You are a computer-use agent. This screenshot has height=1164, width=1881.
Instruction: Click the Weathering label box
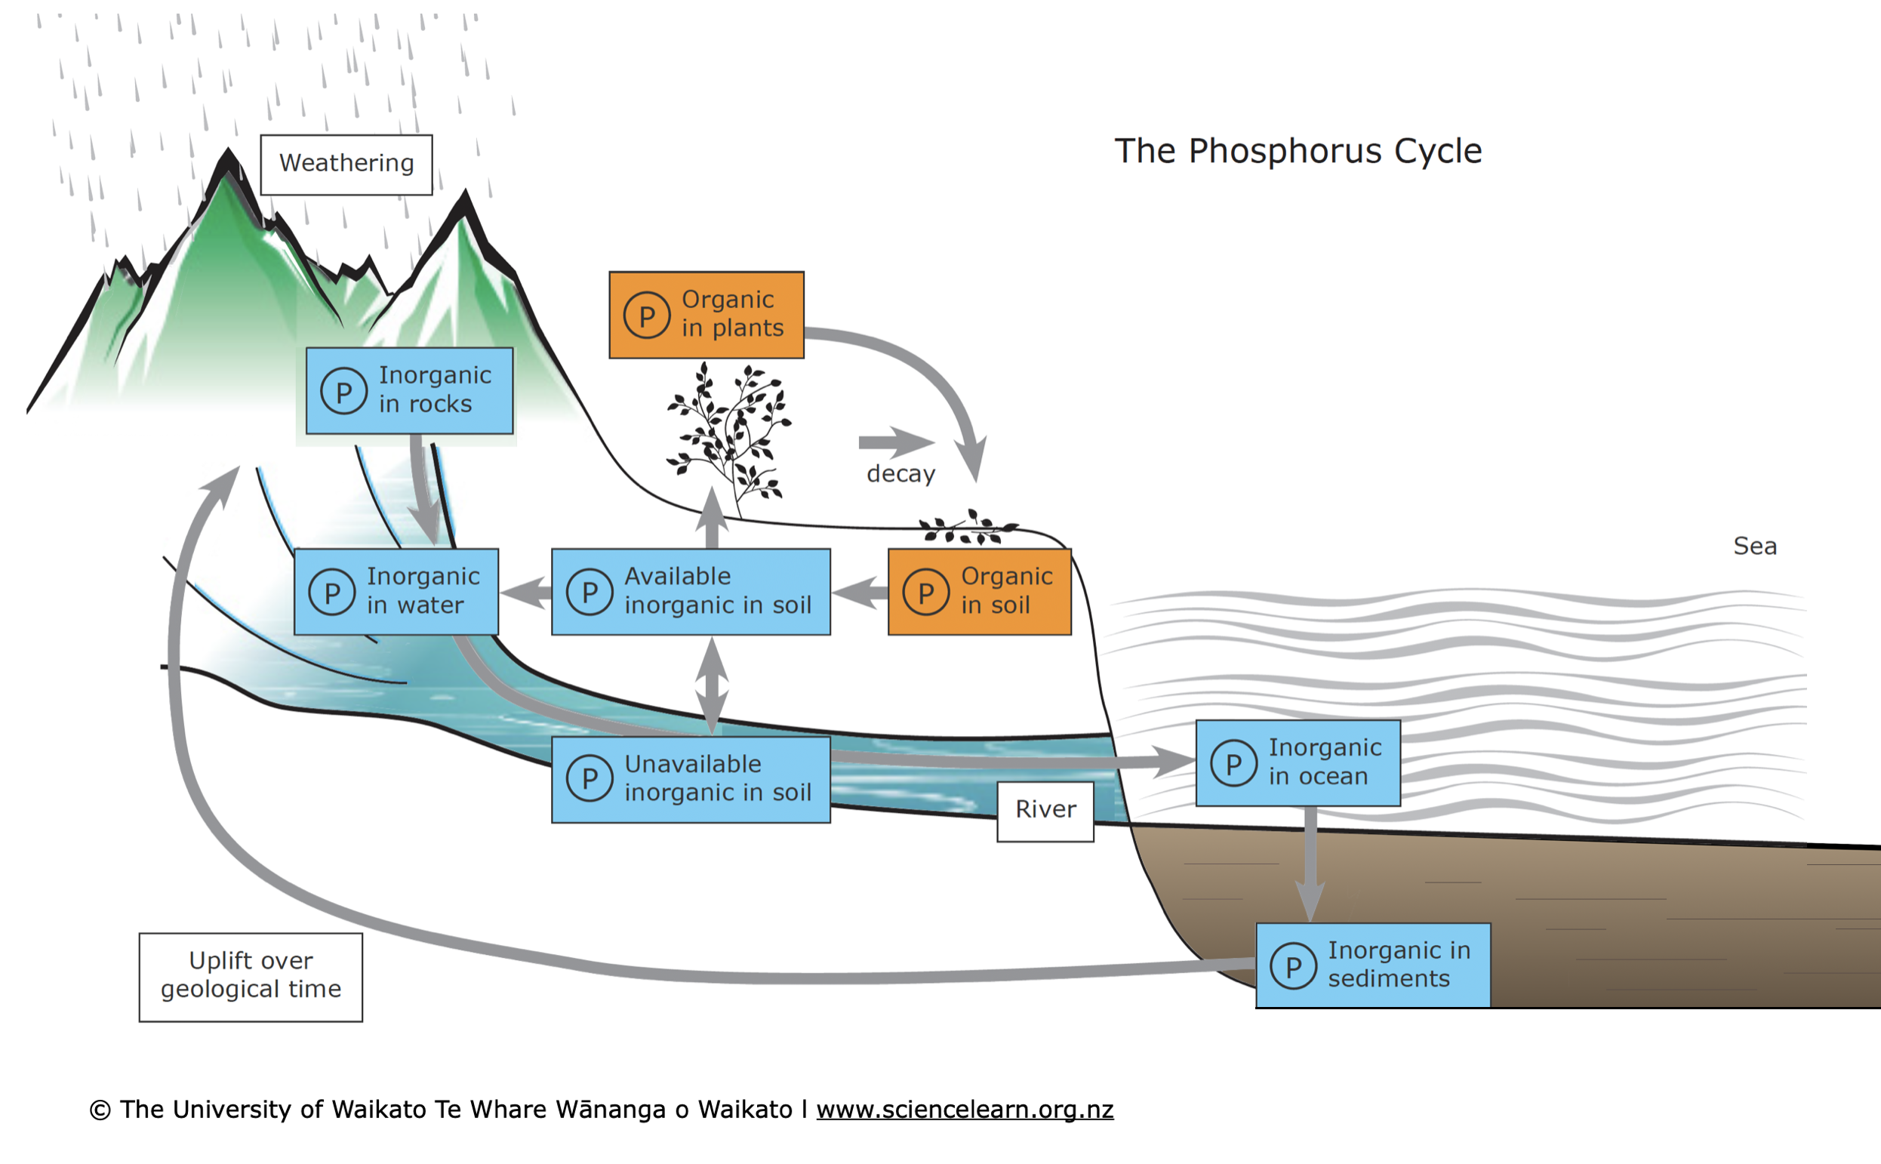(346, 165)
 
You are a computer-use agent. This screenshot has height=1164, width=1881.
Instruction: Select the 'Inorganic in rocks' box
(409, 390)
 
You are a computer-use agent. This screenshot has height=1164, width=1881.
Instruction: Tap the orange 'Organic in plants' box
(706, 314)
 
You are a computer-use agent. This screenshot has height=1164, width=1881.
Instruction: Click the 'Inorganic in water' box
(396, 591)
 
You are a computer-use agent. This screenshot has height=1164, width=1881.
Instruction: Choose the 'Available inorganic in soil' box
(691, 591)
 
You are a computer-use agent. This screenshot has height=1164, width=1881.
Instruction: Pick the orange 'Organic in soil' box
(979, 591)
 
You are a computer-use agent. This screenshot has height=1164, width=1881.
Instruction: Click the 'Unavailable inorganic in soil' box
(691, 779)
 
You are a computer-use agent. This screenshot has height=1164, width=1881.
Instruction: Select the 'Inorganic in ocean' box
(1298, 763)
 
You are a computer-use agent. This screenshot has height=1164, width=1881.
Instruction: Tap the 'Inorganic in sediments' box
(1372, 965)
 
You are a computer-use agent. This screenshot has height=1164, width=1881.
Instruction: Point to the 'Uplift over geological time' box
(251, 976)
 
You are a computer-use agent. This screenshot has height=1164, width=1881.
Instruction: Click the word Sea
(1754, 546)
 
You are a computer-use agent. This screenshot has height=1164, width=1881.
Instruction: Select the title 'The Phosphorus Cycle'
(1298, 151)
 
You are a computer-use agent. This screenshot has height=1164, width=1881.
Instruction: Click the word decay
(900, 473)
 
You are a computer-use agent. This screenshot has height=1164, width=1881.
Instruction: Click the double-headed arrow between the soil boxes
(712, 685)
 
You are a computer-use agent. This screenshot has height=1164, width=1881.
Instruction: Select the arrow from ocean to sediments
(1310, 862)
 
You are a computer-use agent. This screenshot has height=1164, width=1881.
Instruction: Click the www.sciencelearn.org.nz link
(965, 1110)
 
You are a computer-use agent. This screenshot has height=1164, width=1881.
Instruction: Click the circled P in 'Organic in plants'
(646, 316)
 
